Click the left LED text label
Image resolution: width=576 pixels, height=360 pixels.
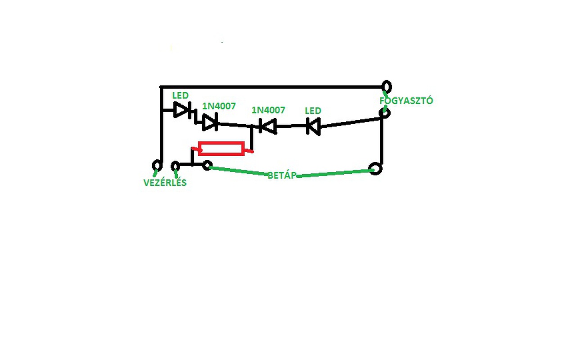point(180,96)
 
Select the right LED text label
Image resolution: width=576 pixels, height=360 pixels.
point(313,111)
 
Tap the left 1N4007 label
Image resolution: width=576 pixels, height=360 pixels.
point(219,106)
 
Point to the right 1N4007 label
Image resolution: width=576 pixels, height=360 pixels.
point(268,110)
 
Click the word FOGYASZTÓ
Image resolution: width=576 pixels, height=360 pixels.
point(406,101)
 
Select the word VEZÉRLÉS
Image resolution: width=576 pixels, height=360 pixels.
point(165,183)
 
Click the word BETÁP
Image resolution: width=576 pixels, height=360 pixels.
point(282,175)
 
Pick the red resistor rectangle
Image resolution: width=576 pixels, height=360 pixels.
point(221,149)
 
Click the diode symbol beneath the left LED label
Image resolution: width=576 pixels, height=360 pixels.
point(182,109)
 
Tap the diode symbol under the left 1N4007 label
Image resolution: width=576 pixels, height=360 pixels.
point(210,121)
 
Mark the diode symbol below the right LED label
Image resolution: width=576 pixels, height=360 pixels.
point(313,126)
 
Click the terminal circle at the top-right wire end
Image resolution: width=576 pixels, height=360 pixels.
point(386,86)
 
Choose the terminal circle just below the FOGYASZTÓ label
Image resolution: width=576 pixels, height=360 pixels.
point(384,112)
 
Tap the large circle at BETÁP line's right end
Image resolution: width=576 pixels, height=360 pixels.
point(375,169)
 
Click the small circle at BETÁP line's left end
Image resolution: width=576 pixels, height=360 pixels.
point(207,166)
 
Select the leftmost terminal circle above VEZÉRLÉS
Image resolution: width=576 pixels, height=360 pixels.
point(157,165)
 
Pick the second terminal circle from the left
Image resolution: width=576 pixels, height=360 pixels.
point(175,166)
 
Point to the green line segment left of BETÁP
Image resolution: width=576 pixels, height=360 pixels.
point(238,171)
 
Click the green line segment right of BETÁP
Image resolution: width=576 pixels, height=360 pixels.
point(335,173)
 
